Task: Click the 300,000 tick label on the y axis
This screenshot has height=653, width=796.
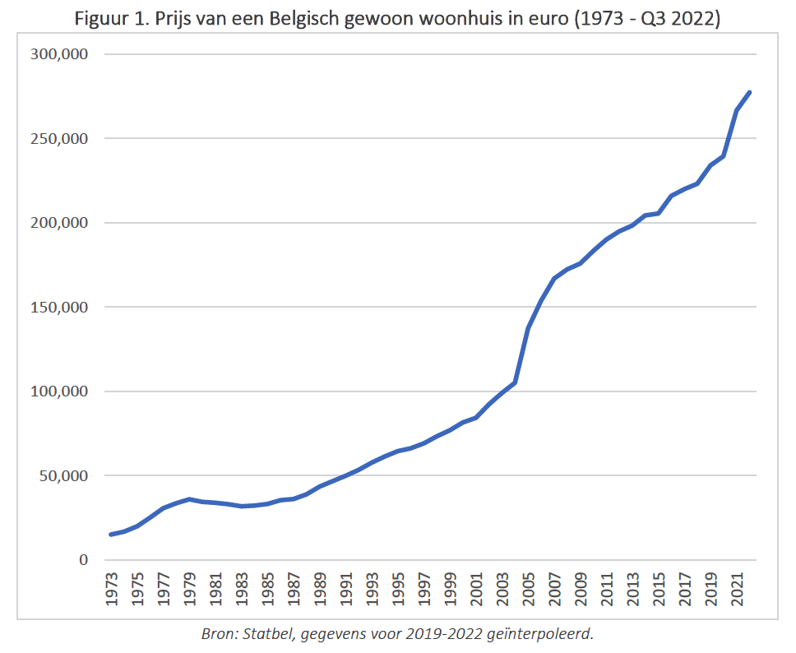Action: coord(60,55)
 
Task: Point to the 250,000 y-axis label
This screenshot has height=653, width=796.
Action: coord(60,139)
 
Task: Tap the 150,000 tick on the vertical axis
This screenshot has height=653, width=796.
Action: coord(60,308)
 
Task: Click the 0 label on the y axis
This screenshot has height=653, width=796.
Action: coord(83,560)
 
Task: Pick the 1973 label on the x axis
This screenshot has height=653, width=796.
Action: coord(111,590)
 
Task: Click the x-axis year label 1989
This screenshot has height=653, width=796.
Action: coord(322,590)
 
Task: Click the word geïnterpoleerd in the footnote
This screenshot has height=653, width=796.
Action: coord(539,634)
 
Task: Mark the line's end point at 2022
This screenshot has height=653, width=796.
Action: coord(750,92)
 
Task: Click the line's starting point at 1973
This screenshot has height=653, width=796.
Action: coord(111,535)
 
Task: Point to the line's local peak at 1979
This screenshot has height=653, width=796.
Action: coord(189,499)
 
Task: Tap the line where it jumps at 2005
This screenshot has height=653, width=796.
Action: coord(528,328)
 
